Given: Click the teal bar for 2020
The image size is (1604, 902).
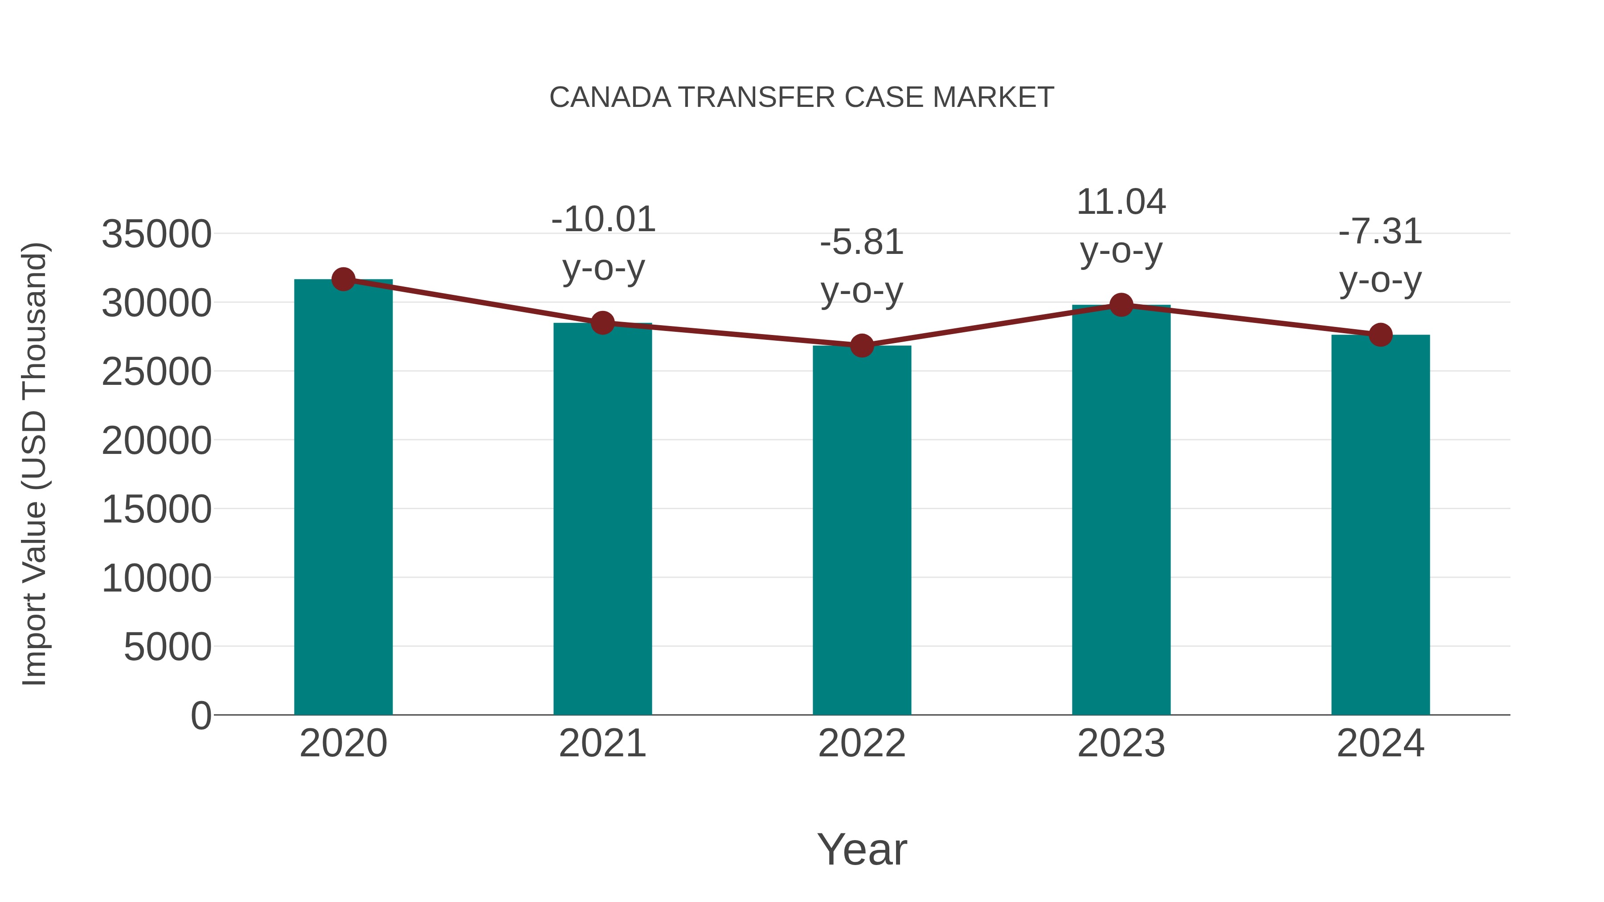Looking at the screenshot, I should coord(343,498).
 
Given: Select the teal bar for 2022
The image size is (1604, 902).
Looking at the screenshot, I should coord(862,529).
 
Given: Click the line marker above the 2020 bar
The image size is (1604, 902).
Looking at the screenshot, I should coord(343,279).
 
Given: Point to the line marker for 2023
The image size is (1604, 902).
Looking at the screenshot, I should coord(1121,305).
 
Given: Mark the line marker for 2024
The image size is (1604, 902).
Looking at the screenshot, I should coord(1380,335).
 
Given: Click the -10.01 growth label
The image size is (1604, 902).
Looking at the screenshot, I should coord(603,219).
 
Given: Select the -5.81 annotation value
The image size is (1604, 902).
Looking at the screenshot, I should coord(862,242).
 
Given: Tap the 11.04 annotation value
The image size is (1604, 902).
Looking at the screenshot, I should coord(1121,202).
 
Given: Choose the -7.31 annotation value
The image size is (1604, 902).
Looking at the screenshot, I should coord(1380,232).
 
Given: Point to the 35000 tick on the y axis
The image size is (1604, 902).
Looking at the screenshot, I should coord(156,235).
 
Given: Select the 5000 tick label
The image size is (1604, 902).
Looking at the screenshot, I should coord(168,647).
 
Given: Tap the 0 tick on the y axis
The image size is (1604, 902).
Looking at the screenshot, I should coord(201,715).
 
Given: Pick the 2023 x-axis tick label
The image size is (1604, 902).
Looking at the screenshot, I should coord(1121,743).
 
